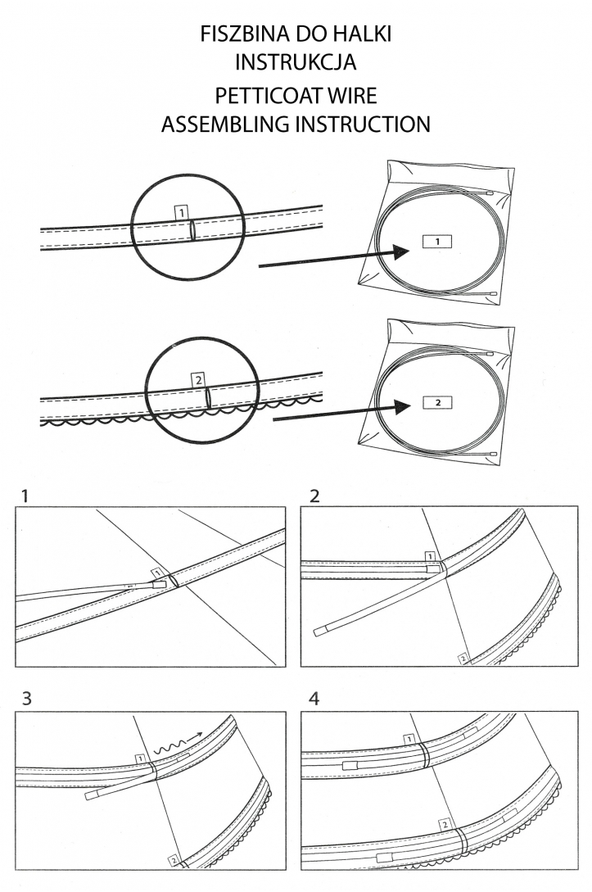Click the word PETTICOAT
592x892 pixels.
260,95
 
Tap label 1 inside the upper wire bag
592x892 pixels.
437,242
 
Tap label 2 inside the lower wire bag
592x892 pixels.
438,402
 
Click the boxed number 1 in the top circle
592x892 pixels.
182,212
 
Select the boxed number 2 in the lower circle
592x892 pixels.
197,379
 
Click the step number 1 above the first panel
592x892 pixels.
25,496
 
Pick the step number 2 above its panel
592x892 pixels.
315,496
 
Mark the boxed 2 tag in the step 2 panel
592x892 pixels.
463,658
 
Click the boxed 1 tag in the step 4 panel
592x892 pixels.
407,740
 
